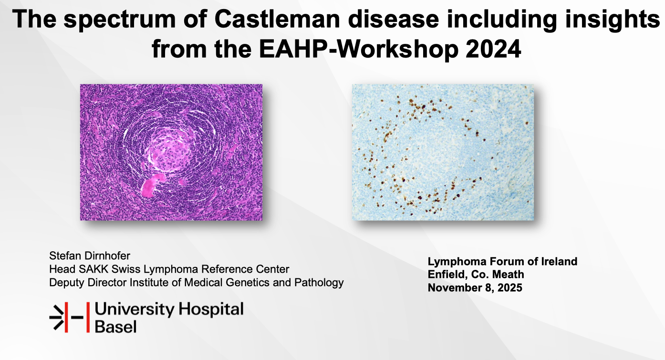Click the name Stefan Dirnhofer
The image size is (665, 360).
point(90,256)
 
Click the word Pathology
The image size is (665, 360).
point(319,283)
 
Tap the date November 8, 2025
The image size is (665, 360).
point(475,288)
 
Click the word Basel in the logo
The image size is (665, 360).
point(115,327)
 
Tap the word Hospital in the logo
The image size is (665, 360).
point(211,310)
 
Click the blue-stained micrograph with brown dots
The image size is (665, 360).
point(443,152)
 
